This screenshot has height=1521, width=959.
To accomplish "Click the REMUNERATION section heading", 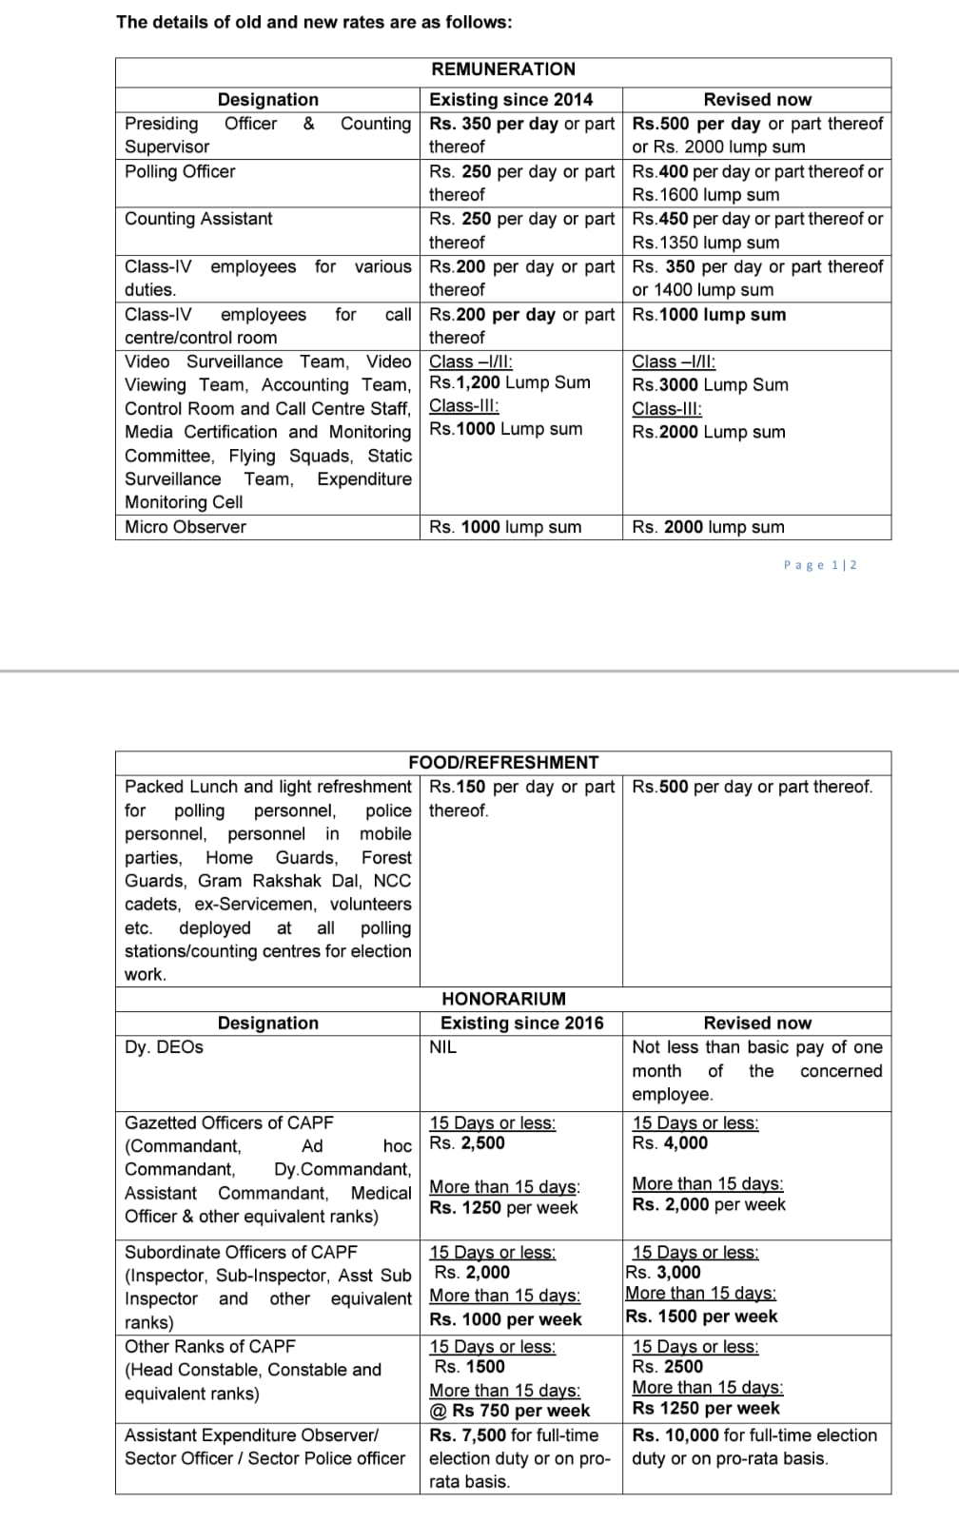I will [x=503, y=69].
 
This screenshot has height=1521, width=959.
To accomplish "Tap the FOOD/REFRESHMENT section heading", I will [x=503, y=763].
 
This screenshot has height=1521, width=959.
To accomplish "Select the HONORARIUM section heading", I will [x=503, y=999].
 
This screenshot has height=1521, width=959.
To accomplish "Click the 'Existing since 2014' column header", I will [x=511, y=100].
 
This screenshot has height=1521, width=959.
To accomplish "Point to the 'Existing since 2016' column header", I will [x=521, y=1024].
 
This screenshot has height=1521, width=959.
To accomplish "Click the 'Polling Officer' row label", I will [x=180, y=172].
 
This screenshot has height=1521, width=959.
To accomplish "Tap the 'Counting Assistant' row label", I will [x=198, y=219].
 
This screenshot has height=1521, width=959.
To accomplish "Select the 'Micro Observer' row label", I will [x=186, y=527].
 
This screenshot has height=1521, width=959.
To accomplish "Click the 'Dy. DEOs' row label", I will [x=164, y=1047].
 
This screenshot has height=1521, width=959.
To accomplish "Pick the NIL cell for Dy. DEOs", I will [x=443, y=1047].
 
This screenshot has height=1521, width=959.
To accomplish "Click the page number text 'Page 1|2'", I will [x=820, y=565].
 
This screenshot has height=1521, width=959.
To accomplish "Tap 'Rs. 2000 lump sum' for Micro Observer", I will [x=708, y=527].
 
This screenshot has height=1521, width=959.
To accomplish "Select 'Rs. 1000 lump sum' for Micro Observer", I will [x=505, y=527].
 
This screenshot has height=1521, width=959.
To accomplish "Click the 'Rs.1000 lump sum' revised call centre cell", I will [x=709, y=315].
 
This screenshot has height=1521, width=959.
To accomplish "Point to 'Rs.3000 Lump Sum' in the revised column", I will [x=710, y=385].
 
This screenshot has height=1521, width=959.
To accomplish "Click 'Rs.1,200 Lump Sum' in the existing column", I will [x=510, y=382].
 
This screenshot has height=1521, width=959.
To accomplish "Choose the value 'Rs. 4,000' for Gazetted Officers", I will [x=670, y=1143].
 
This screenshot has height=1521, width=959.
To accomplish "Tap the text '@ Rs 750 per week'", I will [x=509, y=1411].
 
